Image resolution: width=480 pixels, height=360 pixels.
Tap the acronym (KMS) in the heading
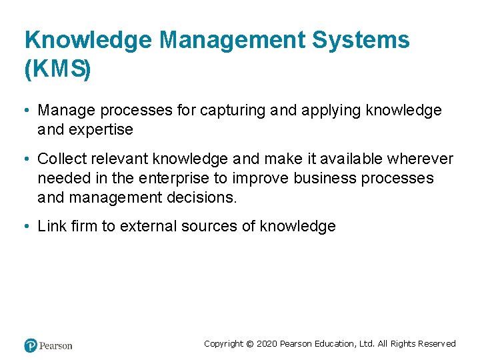click(57, 69)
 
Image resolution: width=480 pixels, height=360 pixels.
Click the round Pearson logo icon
click(30, 345)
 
